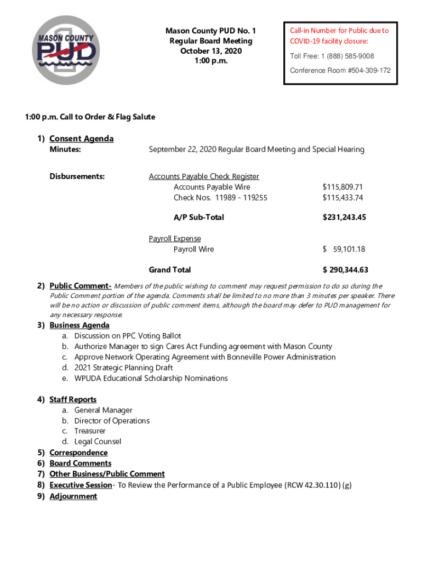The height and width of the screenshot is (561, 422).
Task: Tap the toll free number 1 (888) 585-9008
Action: pos(332,56)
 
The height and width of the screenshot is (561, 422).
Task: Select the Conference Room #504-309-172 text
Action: pos(340,71)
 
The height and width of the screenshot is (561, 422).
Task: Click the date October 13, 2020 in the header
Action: pos(210,51)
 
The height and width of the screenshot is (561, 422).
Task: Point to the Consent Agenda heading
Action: pos(81,139)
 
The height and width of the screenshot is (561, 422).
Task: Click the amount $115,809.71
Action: pos(343,187)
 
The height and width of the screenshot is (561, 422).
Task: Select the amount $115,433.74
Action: pos(343,198)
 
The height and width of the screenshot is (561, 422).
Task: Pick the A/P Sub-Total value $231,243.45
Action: pos(344,217)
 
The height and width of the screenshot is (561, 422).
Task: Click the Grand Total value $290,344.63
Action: pos(345,270)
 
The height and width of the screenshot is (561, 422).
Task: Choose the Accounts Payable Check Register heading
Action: pos(204,176)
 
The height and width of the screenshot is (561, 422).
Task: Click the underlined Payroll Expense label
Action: pos(175,239)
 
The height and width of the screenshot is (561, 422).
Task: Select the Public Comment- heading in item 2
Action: pos(81,286)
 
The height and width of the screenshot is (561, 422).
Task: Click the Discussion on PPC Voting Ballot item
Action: pos(128,336)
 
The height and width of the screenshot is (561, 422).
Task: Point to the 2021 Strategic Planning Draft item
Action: pos(123,368)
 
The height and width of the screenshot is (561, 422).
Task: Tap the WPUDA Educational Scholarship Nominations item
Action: pos(151,379)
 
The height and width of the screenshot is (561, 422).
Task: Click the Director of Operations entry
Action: pos(112,421)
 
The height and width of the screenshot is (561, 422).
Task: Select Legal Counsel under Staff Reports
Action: pos(98,442)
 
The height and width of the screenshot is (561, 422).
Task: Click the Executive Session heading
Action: pos(80,485)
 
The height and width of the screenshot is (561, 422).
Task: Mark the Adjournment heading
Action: pos(73,496)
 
